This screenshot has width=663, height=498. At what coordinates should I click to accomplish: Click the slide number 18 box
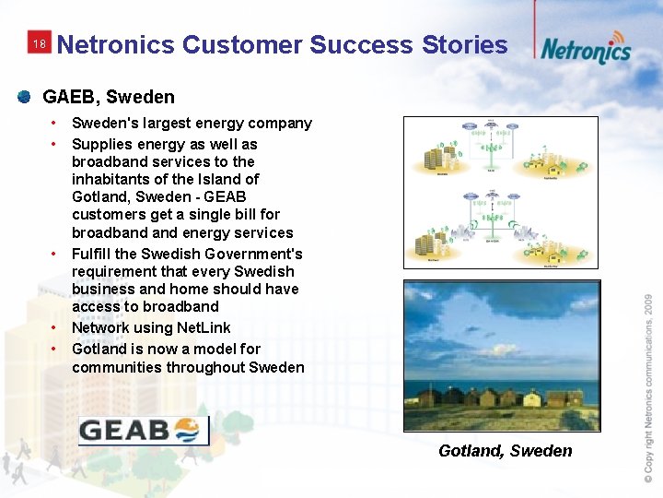click(38, 44)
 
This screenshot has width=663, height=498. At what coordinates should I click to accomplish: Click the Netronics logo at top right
click(586, 47)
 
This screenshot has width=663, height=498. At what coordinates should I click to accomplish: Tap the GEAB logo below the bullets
click(144, 430)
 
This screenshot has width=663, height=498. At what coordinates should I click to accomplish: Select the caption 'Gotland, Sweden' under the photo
click(505, 451)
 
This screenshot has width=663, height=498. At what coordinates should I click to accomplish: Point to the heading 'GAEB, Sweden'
click(109, 97)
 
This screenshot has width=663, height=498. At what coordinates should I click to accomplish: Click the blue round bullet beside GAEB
click(24, 96)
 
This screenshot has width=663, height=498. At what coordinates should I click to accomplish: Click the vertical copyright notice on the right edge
click(648, 385)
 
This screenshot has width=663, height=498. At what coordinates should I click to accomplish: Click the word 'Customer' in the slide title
click(242, 44)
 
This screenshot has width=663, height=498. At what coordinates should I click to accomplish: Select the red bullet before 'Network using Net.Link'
click(55, 327)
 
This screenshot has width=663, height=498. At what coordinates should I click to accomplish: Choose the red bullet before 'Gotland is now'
click(55, 349)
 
